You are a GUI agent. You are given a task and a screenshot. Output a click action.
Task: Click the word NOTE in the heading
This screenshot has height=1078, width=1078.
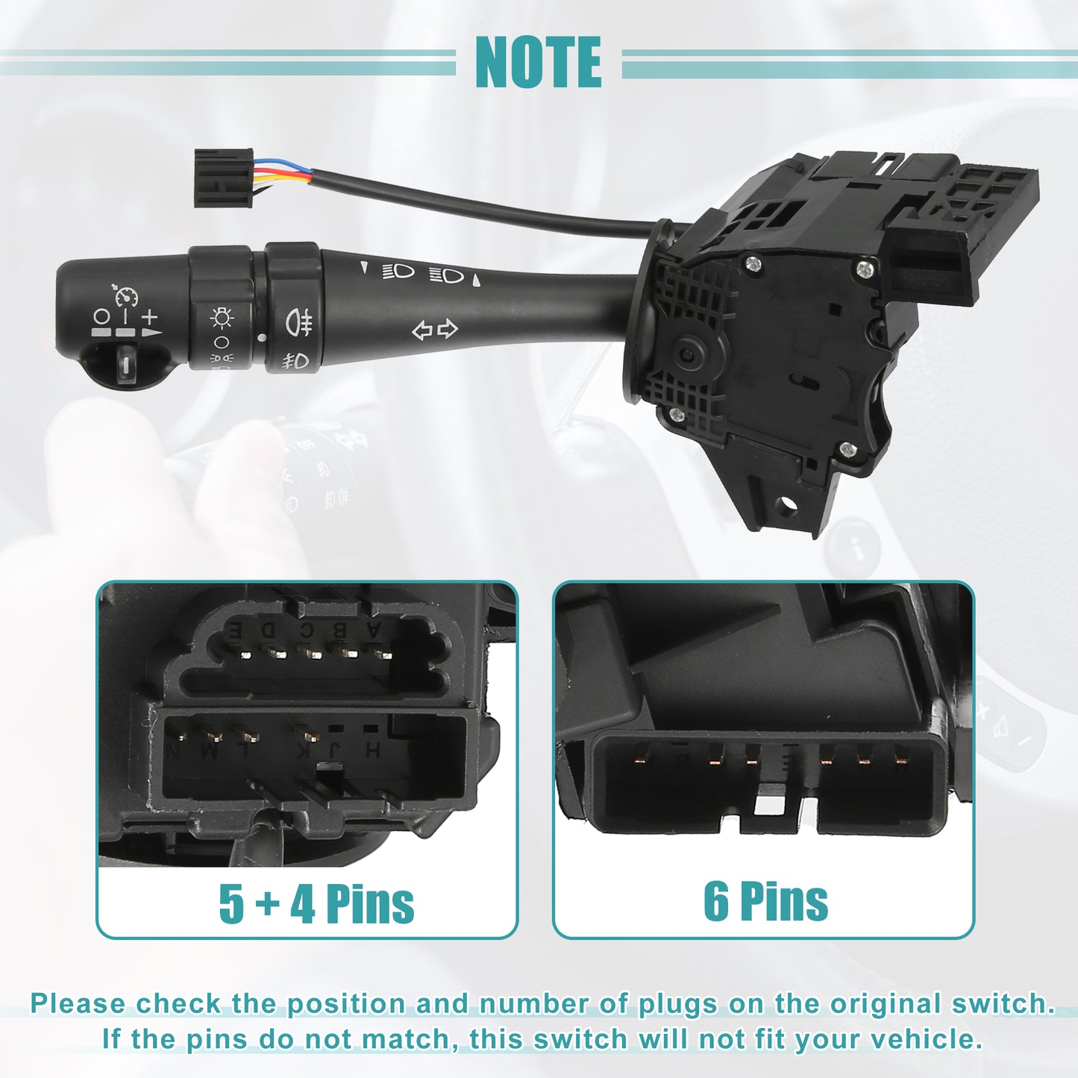coord(538,62)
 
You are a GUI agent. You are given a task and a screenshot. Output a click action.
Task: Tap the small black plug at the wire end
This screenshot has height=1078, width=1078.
coord(224,178)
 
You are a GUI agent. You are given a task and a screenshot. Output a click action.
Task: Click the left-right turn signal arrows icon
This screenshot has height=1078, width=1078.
coord(435,330)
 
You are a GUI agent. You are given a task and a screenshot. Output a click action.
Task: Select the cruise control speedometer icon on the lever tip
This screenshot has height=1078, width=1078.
coord(126,295)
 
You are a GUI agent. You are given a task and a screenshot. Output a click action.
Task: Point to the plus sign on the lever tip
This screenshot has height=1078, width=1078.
coord(149,317)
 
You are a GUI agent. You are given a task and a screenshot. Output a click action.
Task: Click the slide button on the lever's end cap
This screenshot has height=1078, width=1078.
coord(126,364)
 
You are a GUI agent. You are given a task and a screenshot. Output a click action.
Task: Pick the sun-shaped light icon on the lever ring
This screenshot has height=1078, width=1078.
coord(222,318)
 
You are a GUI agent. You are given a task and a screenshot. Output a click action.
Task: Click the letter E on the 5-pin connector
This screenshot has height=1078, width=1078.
coord(235,631)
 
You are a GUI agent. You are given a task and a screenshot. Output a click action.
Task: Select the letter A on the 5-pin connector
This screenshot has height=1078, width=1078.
coord(372,630)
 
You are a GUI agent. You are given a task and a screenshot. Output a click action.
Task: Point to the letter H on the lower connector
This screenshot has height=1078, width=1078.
coord(373,750)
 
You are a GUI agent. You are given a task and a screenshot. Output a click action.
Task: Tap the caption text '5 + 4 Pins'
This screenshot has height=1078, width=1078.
coord(316,903)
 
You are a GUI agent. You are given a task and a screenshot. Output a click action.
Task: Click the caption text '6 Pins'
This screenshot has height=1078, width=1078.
coord(765,901)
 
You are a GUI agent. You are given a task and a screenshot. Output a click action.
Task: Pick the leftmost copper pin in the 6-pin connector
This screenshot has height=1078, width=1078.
coord(640,758)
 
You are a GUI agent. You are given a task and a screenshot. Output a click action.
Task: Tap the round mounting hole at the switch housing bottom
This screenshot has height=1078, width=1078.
coord(789,507)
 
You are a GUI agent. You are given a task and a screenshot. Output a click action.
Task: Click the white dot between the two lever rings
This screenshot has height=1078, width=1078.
coord(261,338)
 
